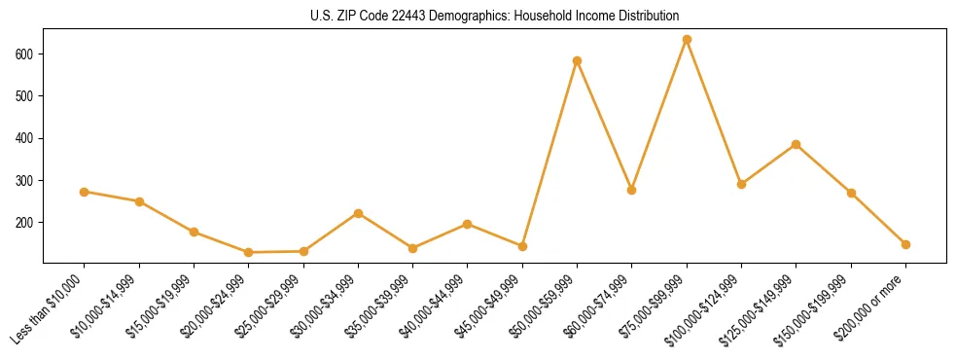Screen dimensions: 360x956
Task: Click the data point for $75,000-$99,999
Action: [x=687, y=40]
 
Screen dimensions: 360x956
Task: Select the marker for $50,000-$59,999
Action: [x=578, y=61]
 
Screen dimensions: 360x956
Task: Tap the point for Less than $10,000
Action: [x=85, y=192]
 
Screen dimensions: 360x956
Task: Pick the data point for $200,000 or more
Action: [x=905, y=244]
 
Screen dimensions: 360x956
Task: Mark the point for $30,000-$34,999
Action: [x=359, y=213]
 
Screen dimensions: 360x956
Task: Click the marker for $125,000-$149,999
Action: [x=797, y=144]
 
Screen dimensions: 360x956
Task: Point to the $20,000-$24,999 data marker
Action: [x=249, y=252]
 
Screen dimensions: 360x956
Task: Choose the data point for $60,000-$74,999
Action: [x=632, y=190]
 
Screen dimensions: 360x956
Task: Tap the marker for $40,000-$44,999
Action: [x=468, y=224]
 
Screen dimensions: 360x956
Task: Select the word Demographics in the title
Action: [x=461, y=17]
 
